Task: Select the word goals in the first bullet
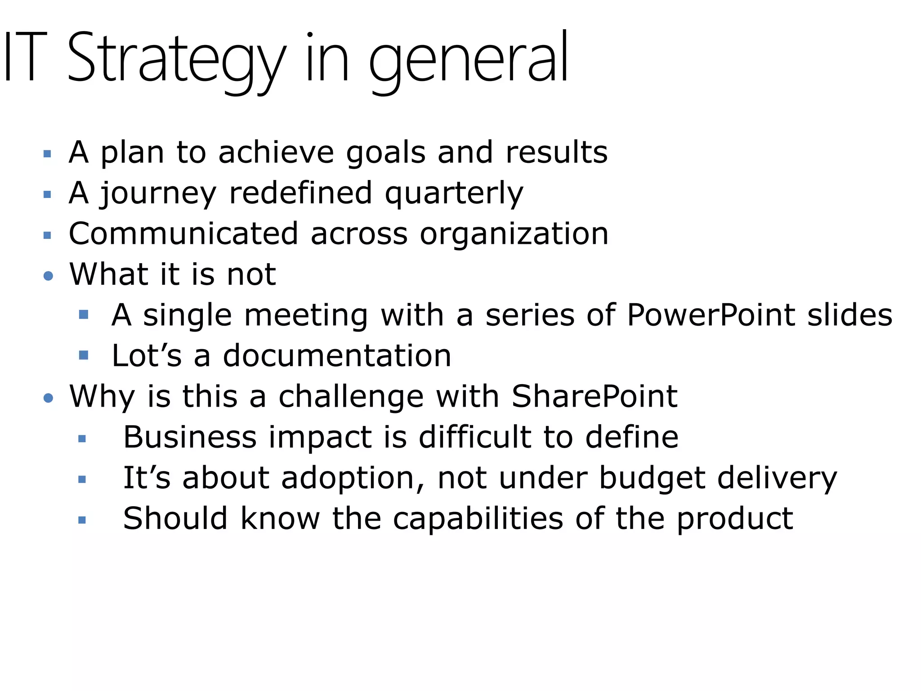tap(385, 153)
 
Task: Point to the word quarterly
tap(454, 193)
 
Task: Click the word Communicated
tap(183, 234)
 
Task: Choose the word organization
tap(514, 235)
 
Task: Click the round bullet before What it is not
tap(49, 276)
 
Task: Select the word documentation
tap(337, 356)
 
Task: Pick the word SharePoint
tap(595, 396)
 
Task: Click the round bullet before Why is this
tap(49, 398)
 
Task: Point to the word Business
tap(190, 437)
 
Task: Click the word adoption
tap(347, 478)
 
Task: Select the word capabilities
tap(478, 519)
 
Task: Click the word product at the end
tap(735, 519)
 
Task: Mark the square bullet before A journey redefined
tap(47, 195)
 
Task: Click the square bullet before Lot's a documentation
tap(83, 355)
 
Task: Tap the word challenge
tap(351, 397)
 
